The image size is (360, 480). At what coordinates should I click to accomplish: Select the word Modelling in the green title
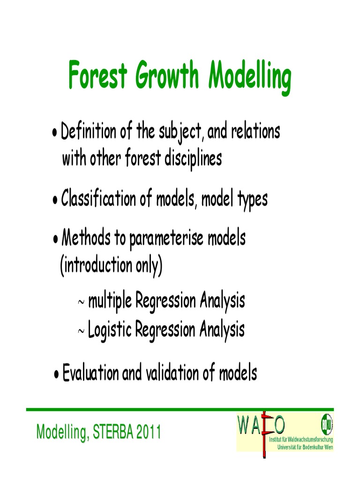pos(250,76)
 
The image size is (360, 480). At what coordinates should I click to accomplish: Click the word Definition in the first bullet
pos(88,132)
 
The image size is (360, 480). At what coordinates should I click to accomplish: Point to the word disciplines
pos(192,159)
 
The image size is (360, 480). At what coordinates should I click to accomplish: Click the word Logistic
pos(110,330)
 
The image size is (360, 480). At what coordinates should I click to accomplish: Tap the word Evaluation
pos(91,374)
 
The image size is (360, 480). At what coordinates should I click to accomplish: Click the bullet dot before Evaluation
pos(56,375)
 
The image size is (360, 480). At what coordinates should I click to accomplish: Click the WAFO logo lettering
pos(261,426)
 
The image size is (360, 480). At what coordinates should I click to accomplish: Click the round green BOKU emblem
pos(327,425)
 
